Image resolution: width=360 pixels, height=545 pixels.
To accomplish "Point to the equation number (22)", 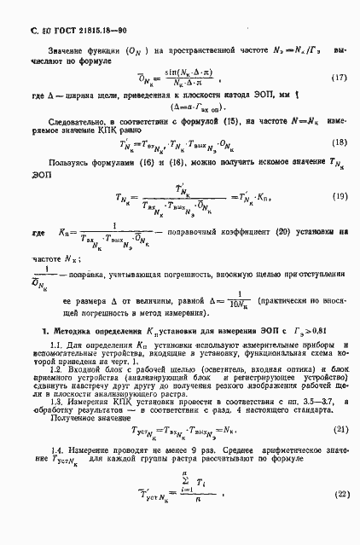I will [x=340, y=518].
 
